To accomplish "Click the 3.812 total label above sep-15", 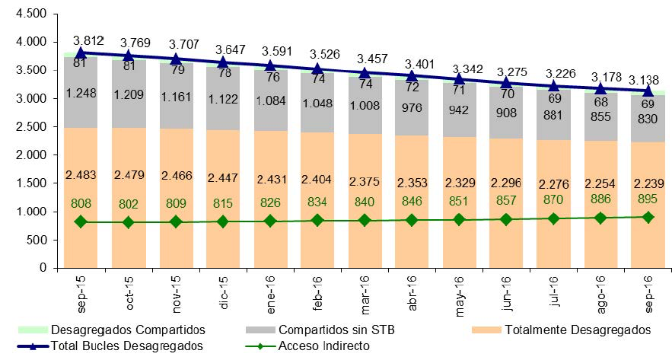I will tap(88, 40).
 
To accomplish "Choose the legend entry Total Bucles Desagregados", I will tap(126, 346).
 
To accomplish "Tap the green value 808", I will tap(81, 203).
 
